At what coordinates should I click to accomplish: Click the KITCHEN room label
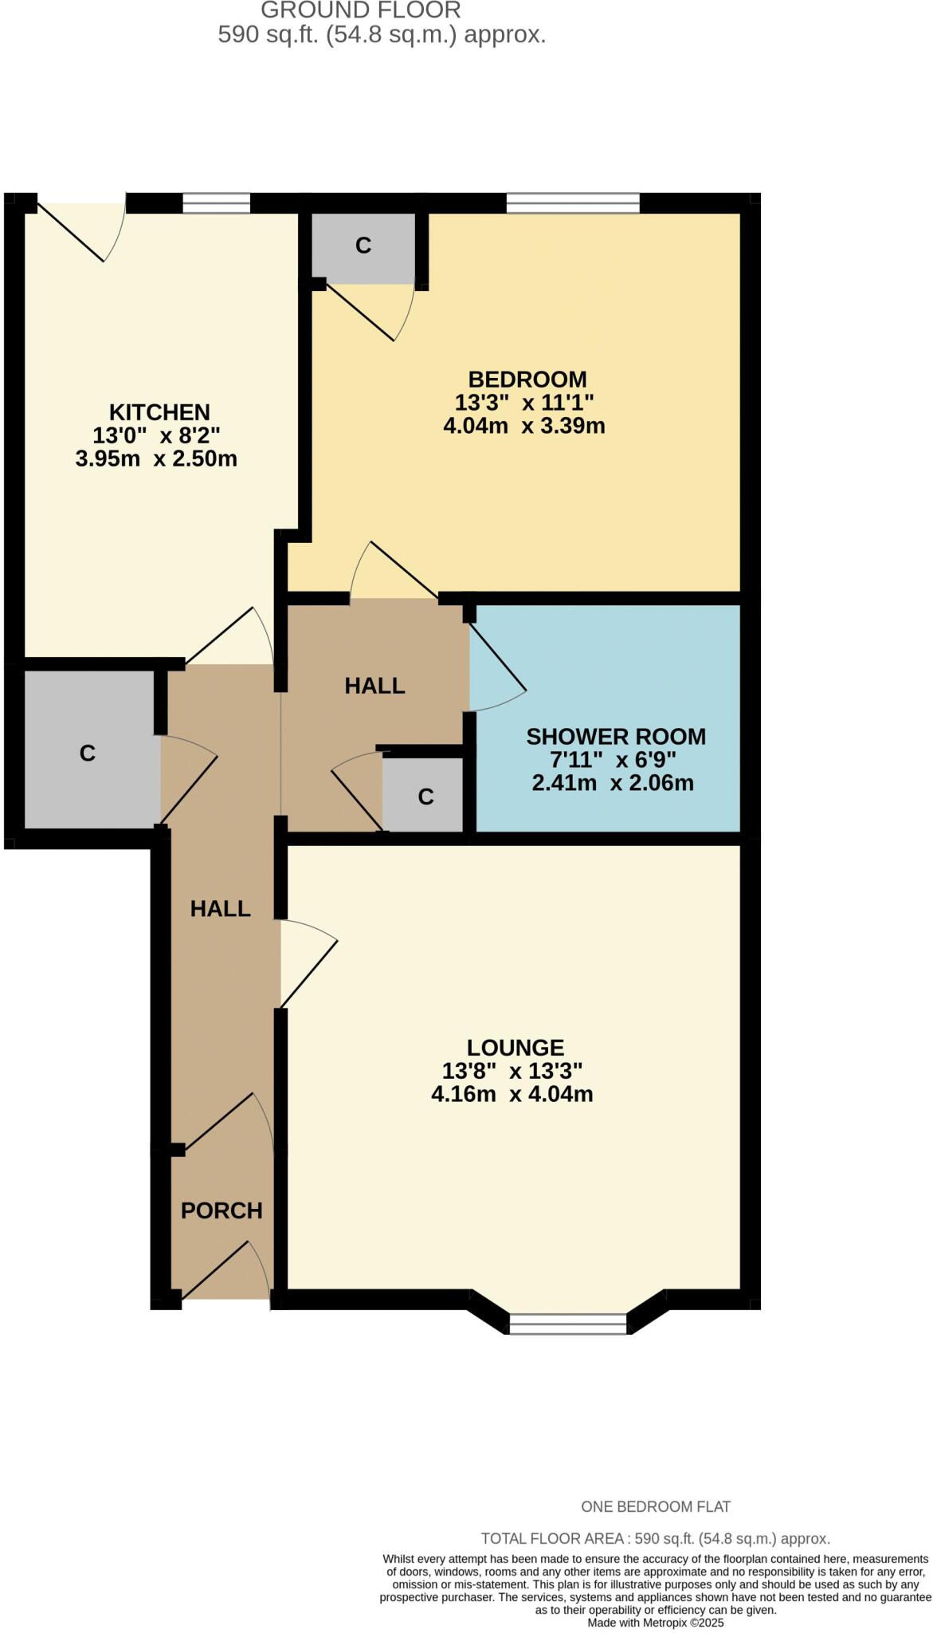(x=159, y=412)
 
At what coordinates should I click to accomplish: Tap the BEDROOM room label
(x=527, y=380)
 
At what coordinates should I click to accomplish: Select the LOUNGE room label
(x=515, y=1048)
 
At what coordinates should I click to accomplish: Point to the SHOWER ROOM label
(x=615, y=737)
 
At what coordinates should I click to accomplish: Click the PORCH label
(x=221, y=1211)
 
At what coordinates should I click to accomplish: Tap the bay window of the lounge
(x=568, y=1324)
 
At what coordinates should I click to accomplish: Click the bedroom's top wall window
(x=572, y=203)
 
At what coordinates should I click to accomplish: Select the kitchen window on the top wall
(x=216, y=203)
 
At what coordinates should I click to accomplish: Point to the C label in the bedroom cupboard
(x=363, y=246)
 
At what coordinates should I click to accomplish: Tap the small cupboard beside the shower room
(x=425, y=796)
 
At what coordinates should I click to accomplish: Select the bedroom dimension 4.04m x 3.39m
(x=523, y=426)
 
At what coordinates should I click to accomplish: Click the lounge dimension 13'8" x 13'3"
(x=512, y=1071)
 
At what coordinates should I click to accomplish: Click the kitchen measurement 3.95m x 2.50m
(x=156, y=459)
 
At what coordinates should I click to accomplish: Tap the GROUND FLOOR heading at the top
(x=360, y=10)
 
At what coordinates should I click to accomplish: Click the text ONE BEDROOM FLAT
(x=655, y=1507)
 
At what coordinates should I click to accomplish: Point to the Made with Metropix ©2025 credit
(x=655, y=1623)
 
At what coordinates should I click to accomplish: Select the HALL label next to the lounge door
(x=220, y=909)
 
